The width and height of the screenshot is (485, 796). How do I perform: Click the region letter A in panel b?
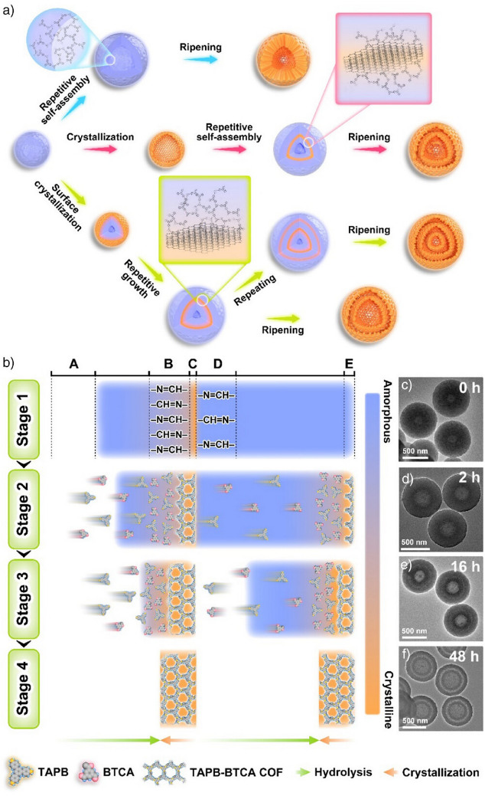point(73,363)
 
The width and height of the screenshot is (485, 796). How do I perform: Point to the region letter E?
point(349,363)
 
